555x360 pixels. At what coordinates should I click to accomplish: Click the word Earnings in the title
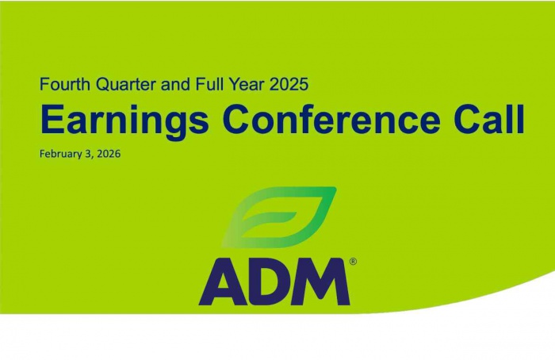pos(125,120)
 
